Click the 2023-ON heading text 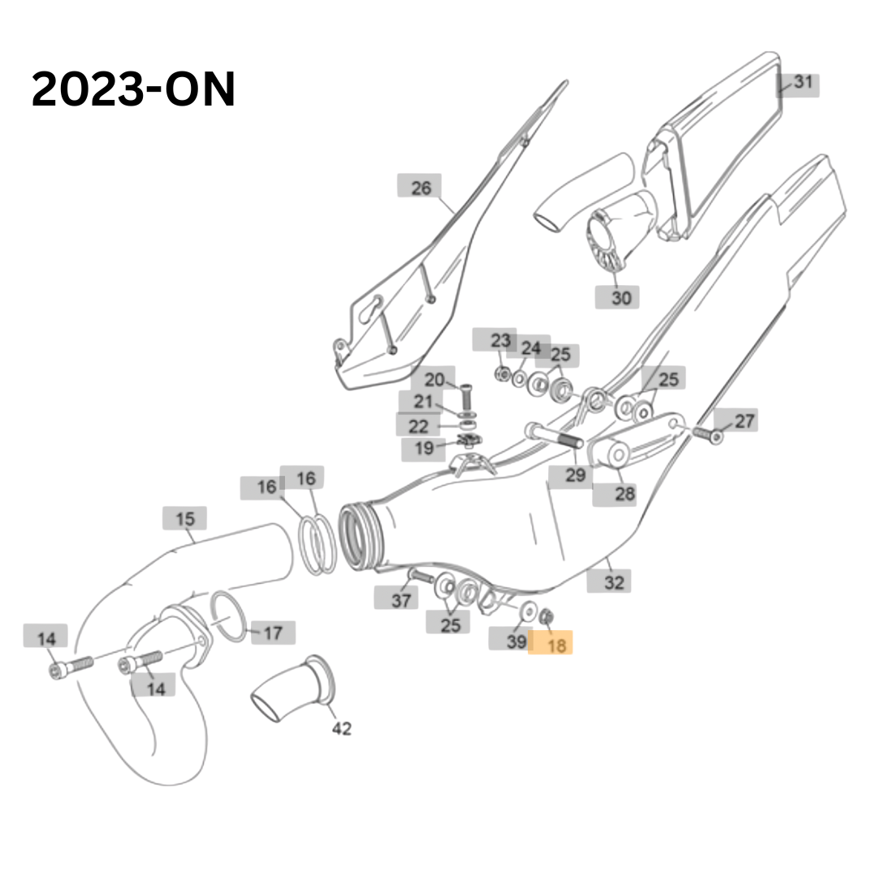point(133,89)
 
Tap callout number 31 point(802,82)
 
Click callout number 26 point(421,188)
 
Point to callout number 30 point(621,297)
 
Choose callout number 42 point(342,728)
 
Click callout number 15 point(185,519)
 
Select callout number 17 point(272,633)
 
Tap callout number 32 point(614,583)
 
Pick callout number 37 point(401,600)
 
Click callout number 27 point(745,421)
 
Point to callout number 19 point(425,448)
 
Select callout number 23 point(500,340)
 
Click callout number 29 point(575,475)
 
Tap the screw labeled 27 point(708,434)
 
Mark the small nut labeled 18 point(547,616)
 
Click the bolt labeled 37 point(421,576)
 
